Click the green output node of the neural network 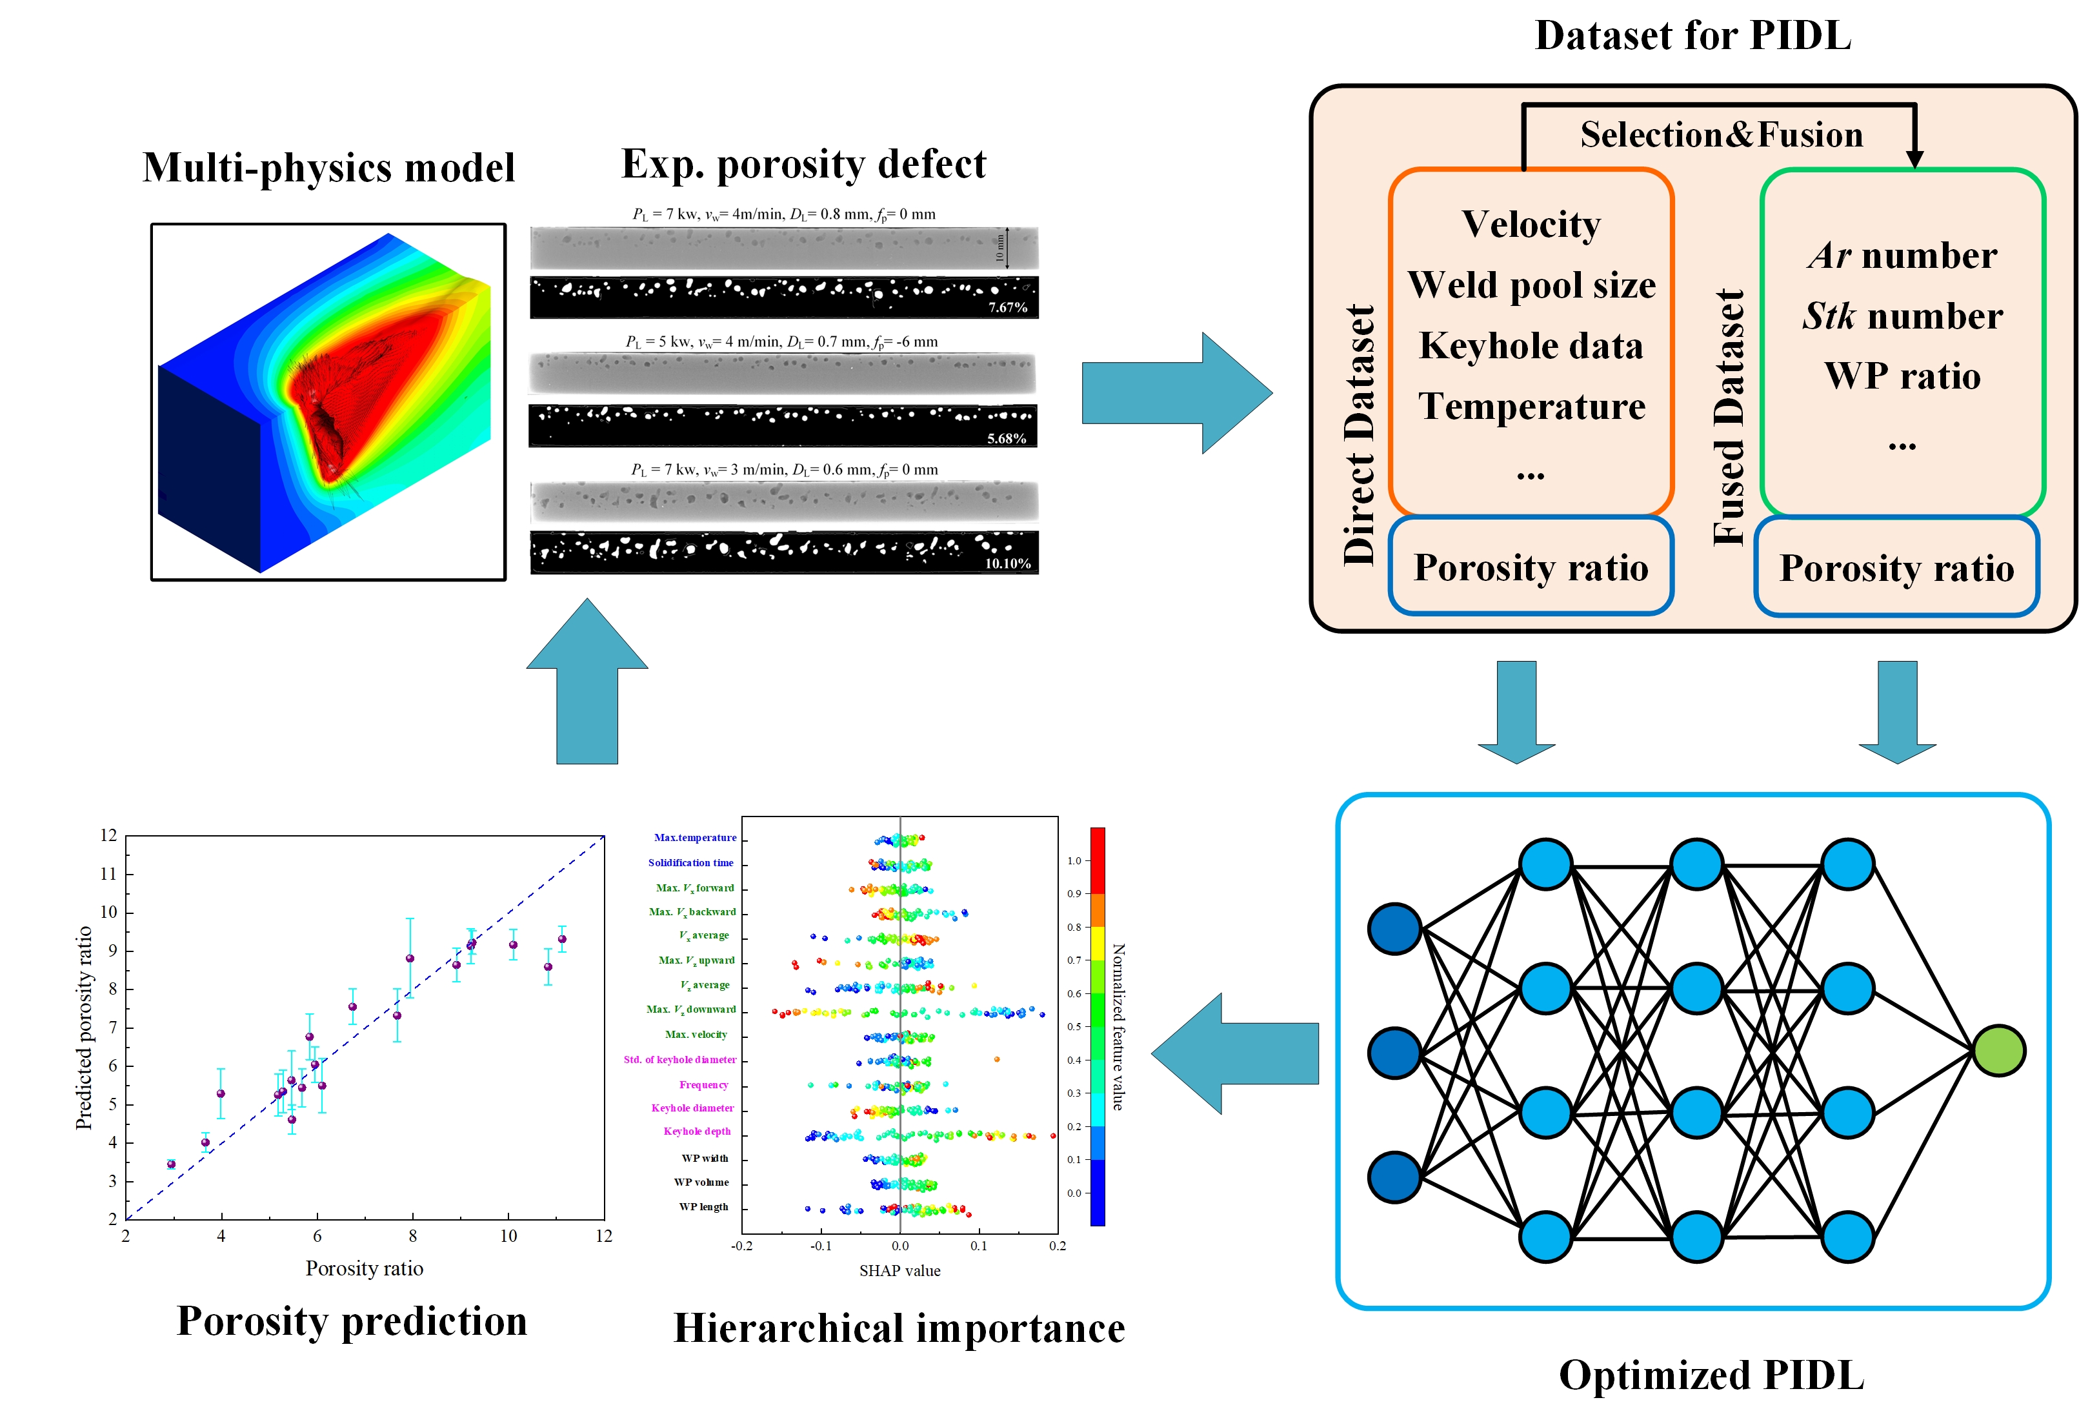tap(1998, 1050)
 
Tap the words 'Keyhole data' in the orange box tap(1531, 346)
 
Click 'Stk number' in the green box tap(1902, 316)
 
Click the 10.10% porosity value tap(1007, 563)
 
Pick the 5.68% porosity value tap(1007, 438)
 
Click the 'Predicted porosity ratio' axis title tap(84, 1027)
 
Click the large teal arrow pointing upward tap(587, 680)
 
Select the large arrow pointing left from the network tap(1234, 1053)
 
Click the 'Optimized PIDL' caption tap(1711, 1375)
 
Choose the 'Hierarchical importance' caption tap(898, 1328)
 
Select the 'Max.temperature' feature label tap(695, 838)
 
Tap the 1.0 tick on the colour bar tap(1074, 861)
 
